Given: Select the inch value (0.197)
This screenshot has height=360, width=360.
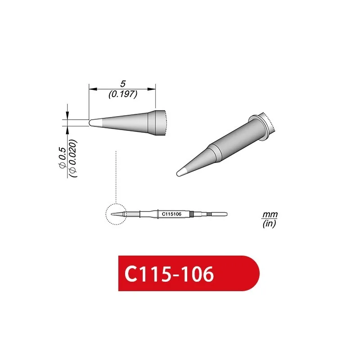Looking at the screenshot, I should pyautogui.click(x=122, y=94).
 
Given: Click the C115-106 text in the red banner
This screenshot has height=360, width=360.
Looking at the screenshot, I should pyautogui.click(x=169, y=274).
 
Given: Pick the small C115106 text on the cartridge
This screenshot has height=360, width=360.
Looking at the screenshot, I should pyautogui.click(x=171, y=214).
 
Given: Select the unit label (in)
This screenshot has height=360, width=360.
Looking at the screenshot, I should pyautogui.click(x=269, y=223).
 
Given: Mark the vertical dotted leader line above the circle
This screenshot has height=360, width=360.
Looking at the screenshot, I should pyautogui.click(x=116, y=175).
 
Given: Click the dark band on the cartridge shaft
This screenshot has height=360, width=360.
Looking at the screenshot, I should pyautogui.click(x=192, y=214).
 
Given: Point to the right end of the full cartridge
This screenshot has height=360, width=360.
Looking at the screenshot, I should pyautogui.click(x=226, y=214).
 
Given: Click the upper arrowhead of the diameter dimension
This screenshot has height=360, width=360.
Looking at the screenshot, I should pyautogui.click(x=67, y=116).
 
